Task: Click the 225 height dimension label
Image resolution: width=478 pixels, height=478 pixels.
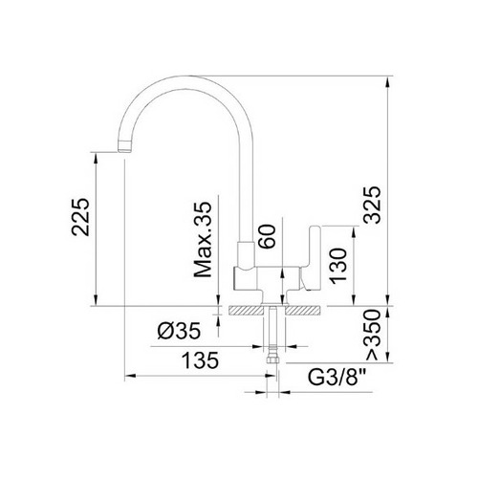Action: [80, 217]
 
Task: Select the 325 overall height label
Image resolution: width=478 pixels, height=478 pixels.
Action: [373, 205]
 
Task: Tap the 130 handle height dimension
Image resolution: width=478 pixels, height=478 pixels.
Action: [338, 266]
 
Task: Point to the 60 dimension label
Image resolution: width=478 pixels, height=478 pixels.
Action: [267, 236]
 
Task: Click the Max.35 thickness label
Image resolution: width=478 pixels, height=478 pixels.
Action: [203, 239]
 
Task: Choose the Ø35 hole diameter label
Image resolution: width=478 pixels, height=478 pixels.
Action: [179, 331]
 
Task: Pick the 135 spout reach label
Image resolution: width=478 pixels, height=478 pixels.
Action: [200, 360]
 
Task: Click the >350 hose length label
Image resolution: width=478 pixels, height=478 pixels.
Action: [373, 335]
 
